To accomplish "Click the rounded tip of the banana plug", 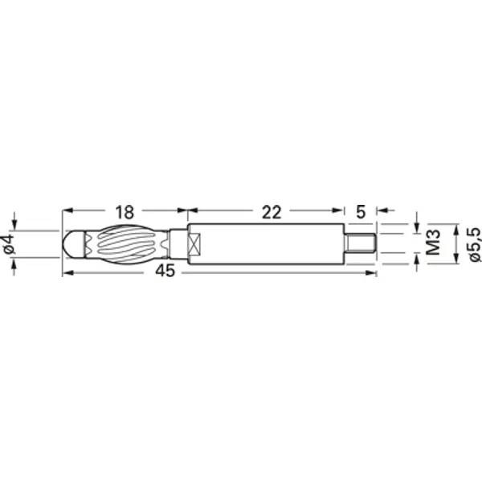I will click(x=68, y=243).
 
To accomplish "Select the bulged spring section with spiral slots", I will click(x=120, y=243).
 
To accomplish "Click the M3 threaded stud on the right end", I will click(x=361, y=243).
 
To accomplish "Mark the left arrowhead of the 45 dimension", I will click(x=66, y=273).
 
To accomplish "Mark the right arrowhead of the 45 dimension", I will click(x=373, y=273).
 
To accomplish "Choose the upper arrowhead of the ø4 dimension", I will click(x=14, y=226).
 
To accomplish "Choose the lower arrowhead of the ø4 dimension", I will click(x=14, y=262).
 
